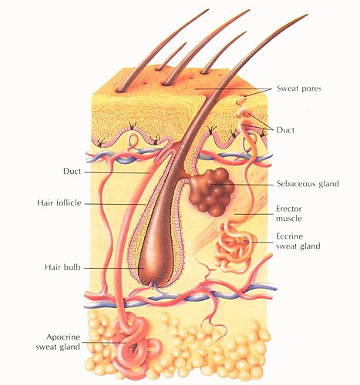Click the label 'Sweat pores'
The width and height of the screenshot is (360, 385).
pyautogui.click(x=299, y=89)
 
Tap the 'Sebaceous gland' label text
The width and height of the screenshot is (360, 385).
pyautogui.click(x=308, y=184)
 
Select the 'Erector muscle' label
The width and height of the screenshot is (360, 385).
pyautogui.click(x=289, y=213)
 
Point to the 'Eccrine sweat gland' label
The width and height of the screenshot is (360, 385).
pyautogui.click(x=298, y=241)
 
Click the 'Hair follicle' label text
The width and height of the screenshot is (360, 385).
pyautogui.click(x=59, y=203)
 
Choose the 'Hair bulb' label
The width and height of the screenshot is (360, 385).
pyautogui.click(x=62, y=267)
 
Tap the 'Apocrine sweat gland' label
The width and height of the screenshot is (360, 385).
pyautogui.click(x=58, y=342)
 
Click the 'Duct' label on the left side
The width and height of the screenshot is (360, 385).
pyautogui.click(x=72, y=171)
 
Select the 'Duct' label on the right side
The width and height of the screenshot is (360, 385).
pyautogui.click(x=285, y=130)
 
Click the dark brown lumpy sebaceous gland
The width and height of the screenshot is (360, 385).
pyautogui.click(x=211, y=191)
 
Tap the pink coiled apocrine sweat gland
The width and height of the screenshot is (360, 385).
pyautogui.click(x=135, y=344)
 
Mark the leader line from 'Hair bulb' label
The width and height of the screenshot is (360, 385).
pyautogui.click(x=114, y=268)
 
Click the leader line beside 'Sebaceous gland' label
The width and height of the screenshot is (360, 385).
pyautogui.click(x=242, y=184)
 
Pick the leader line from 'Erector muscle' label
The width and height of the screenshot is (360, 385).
pyautogui.click(x=254, y=214)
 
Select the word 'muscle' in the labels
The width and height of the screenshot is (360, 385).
pyautogui.click(x=289, y=219)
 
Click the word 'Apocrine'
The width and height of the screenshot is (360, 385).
pyautogui.click(x=60, y=337)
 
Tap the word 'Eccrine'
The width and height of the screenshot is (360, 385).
pyautogui.click(x=290, y=236)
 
